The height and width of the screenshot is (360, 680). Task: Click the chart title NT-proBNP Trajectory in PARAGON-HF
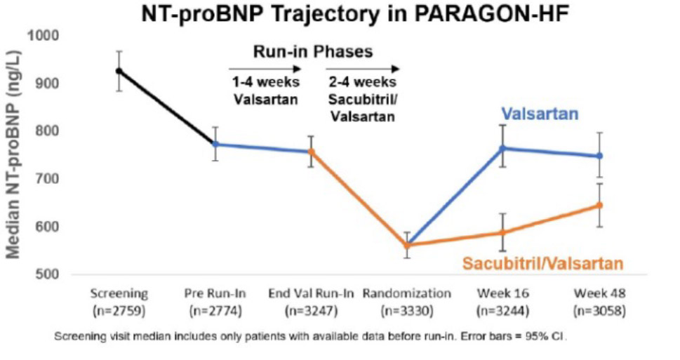[x=355, y=14]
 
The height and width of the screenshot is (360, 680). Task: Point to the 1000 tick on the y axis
[x=44, y=35]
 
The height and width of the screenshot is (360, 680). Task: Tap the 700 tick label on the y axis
[x=47, y=179]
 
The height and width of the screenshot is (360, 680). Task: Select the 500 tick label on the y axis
[x=47, y=274]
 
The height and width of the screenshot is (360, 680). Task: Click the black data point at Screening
[x=119, y=71]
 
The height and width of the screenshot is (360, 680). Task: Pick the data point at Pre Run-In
[x=215, y=144]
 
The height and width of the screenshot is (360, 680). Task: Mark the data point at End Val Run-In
[x=311, y=152]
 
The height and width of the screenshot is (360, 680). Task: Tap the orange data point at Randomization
[x=407, y=245]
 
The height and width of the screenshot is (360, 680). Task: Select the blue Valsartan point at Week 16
[x=503, y=148]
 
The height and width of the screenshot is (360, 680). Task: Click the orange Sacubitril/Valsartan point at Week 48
[x=599, y=205]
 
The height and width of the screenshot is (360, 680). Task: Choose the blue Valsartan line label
[x=540, y=114]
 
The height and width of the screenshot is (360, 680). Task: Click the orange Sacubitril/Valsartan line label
[x=542, y=263]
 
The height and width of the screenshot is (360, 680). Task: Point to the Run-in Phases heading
[x=313, y=52]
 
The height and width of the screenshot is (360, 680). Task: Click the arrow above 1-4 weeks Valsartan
[x=265, y=69]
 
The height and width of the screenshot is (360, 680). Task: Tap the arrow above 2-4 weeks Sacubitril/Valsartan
[x=363, y=69]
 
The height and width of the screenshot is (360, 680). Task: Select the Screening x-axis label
[x=119, y=293]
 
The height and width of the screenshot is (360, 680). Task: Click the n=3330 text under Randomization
[x=407, y=312]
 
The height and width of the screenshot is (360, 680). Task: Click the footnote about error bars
[x=310, y=336]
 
